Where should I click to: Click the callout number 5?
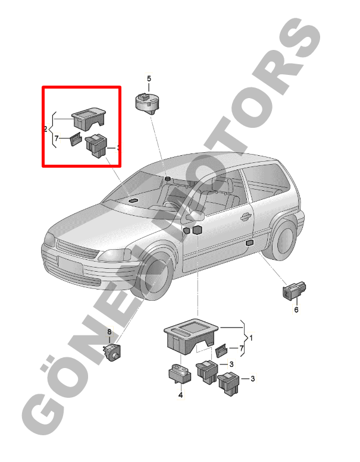click(x=149, y=78)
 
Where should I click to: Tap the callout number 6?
click(x=296, y=310)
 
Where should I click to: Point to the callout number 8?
click(x=109, y=332)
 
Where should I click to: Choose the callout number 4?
click(x=180, y=395)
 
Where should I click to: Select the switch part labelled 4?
click(x=180, y=373)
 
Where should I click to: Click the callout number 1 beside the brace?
click(x=251, y=338)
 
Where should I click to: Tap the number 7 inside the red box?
click(x=57, y=138)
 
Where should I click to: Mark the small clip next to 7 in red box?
click(x=75, y=139)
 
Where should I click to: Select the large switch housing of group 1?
click(x=192, y=336)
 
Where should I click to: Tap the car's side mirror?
click(x=195, y=216)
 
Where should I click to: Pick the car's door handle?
click(x=245, y=217)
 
